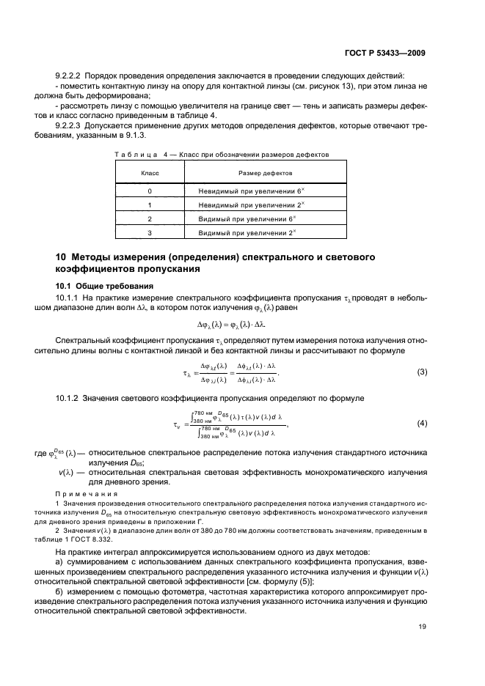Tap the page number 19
point(422,627)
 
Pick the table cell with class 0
point(150,191)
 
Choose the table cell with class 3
point(150,232)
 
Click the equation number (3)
point(422,372)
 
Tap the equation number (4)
point(422,424)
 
